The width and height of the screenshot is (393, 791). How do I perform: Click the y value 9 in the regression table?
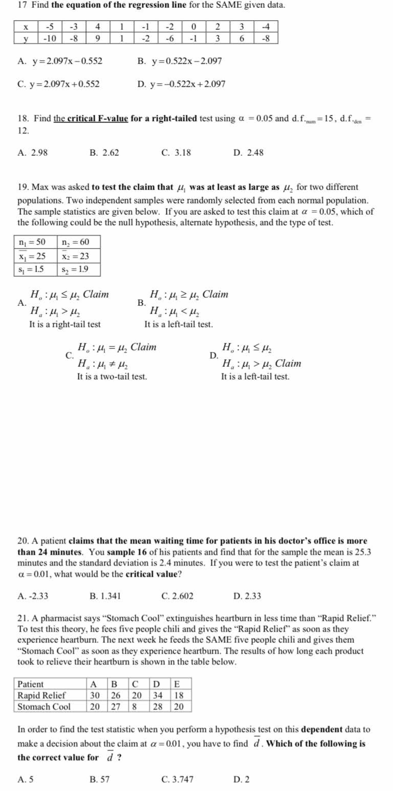pos(98,38)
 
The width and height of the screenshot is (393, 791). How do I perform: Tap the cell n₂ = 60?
pos(75,242)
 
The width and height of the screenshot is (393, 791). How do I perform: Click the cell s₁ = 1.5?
pos(31,269)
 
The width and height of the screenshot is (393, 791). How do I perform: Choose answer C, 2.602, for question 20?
pos(177,596)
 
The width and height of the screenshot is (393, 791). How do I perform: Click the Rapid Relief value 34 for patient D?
pos(158,695)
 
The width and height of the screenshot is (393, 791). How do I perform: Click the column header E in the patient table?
pos(177,684)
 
